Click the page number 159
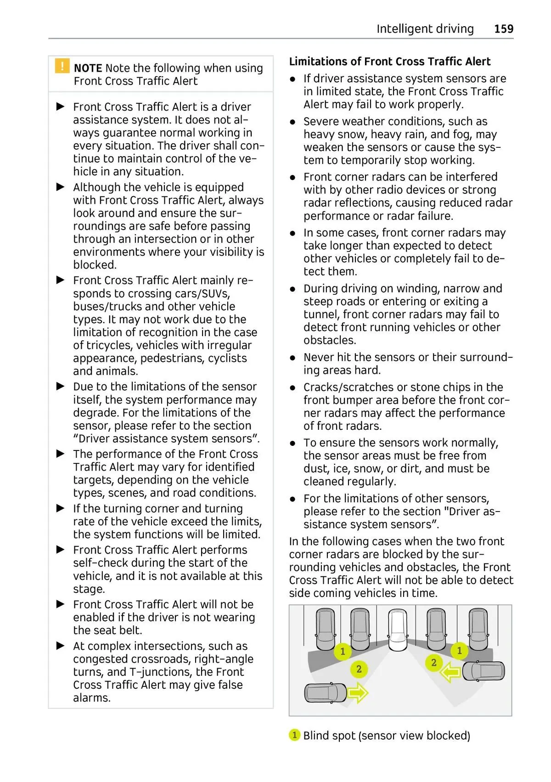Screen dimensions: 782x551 [503, 29]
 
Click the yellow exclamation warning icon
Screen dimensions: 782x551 [62, 66]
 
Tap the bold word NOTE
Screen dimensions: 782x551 [88, 68]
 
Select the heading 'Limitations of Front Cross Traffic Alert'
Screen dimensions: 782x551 [389, 62]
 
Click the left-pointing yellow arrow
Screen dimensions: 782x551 [450, 673]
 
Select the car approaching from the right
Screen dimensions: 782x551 [483, 671]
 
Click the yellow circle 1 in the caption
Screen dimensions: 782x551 [294, 735]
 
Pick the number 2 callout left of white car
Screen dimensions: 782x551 [359, 669]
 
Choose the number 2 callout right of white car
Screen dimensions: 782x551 [433, 663]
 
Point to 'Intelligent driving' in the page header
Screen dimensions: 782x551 [425, 29]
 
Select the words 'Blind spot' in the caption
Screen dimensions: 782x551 [329, 736]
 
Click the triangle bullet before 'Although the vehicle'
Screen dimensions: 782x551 [61, 187]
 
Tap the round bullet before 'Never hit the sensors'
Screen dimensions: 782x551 [293, 358]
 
